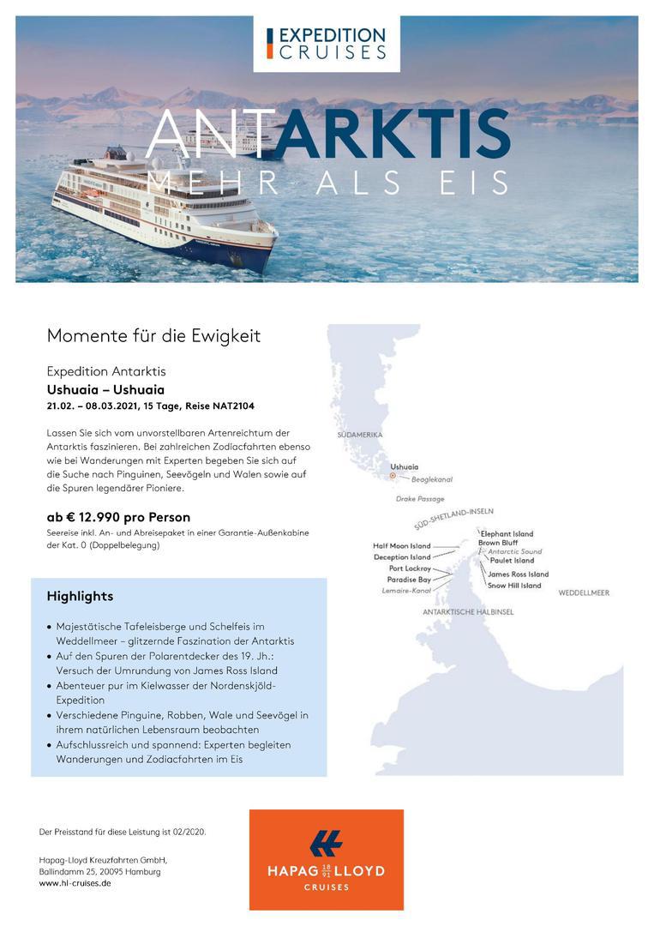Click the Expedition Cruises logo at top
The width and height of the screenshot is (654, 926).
326,43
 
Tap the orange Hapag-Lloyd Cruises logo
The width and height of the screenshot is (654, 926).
326,859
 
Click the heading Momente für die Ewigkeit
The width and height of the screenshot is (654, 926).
153,335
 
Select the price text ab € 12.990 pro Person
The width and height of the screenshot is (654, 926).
118,517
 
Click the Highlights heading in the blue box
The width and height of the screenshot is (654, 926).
80,596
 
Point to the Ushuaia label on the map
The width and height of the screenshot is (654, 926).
404,466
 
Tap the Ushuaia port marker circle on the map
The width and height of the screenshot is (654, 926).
393,475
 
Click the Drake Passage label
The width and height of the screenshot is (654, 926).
420,498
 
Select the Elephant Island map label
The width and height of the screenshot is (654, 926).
507,534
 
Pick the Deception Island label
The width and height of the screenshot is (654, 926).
402,557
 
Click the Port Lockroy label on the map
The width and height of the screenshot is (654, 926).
410,568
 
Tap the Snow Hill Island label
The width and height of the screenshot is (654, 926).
514,586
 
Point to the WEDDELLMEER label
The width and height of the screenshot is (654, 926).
584,592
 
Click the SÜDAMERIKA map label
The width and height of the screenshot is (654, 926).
359,436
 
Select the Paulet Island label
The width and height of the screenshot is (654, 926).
512,561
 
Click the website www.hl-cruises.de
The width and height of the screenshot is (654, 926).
75,883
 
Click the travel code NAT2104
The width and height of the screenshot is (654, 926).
234,406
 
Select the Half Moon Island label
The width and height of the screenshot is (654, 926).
402,546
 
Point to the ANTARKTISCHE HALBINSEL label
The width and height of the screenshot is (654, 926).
468,612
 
